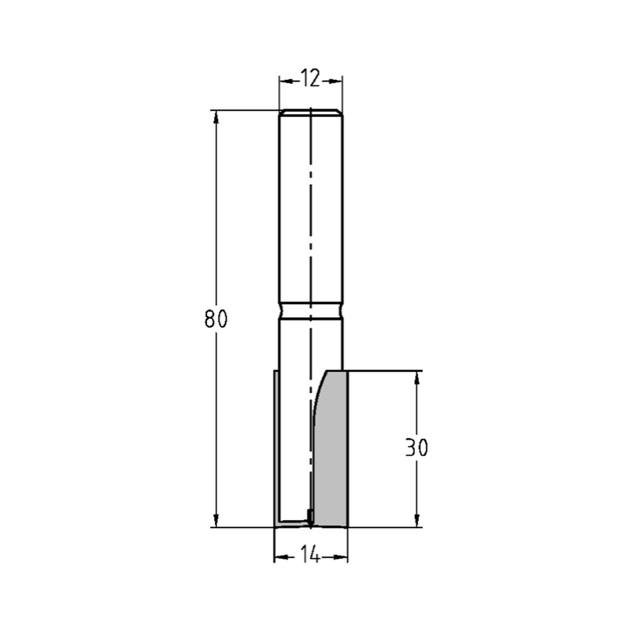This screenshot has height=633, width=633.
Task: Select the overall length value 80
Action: tap(215, 320)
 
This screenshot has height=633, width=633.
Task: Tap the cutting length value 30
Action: tap(417, 448)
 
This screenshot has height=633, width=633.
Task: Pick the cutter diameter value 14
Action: tap(310, 556)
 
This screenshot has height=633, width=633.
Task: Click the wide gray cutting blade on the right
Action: tap(332, 456)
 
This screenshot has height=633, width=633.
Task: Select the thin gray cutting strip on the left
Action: tap(276, 449)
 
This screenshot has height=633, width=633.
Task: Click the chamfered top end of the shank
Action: tap(311, 113)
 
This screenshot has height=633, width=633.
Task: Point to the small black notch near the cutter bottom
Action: tap(310, 514)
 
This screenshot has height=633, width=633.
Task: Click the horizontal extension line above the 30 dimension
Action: tap(386, 371)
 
